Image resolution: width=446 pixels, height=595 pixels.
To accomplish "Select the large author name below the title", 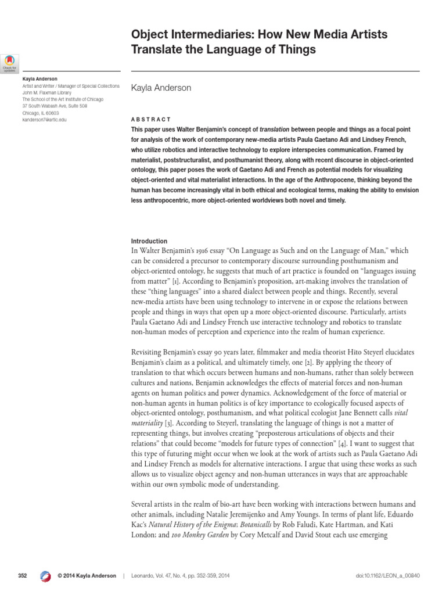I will [161, 88].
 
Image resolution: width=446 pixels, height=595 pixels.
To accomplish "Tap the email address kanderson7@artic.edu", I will [45, 120].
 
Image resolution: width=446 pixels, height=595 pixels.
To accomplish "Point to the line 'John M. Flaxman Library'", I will [47, 92].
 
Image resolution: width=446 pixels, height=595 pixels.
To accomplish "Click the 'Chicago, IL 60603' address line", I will [41, 113].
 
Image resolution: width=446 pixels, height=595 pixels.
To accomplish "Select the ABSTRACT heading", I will [151, 119].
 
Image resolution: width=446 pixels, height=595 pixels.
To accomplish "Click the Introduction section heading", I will [149, 241].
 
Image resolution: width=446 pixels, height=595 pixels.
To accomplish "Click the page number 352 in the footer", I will [23, 576].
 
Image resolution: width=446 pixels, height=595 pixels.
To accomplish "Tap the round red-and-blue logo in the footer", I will [45, 576].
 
